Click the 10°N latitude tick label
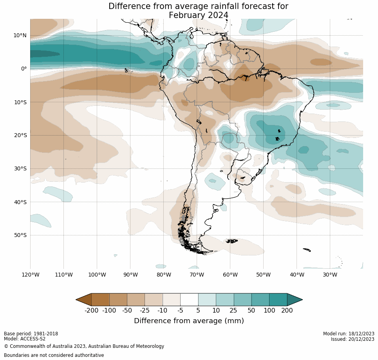click(20, 35)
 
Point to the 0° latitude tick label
click(24, 69)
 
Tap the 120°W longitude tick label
click(30, 275)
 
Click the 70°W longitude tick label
click(197, 275)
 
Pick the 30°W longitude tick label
click(330, 275)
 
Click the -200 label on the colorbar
click(91, 311)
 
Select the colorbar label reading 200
click(287, 311)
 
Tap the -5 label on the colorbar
click(180, 311)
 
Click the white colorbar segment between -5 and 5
click(189, 300)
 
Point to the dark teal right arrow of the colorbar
click(295, 300)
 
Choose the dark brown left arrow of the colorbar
click(83, 300)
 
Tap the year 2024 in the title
click(217, 15)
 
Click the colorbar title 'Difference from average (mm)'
click(189, 321)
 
